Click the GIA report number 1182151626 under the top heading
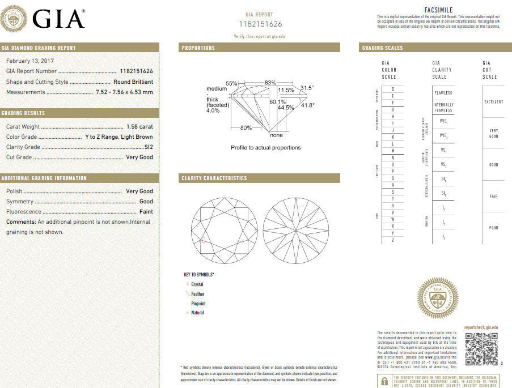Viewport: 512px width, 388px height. pyautogui.click(x=260, y=24)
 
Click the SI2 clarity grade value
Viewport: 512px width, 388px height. pyautogui.click(x=149, y=147)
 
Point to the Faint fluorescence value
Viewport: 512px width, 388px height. pyautogui.click(x=146, y=212)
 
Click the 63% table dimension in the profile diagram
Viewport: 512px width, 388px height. pyautogui.click(x=270, y=83)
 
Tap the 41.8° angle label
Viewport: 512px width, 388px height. pyautogui.click(x=307, y=105)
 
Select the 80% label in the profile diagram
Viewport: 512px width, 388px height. pyautogui.click(x=246, y=127)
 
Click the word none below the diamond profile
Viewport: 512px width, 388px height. pyautogui.click(x=277, y=135)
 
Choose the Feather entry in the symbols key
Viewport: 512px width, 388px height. pyautogui.click(x=198, y=294)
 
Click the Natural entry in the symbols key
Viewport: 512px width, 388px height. pyautogui.click(x=197, y=313)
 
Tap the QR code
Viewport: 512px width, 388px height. pyautogui.click(x=481, y=349)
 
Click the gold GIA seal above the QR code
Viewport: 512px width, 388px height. pyautogui.click(x=437, y=298)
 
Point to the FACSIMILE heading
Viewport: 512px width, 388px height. pyautogui.click(x=438, y=10)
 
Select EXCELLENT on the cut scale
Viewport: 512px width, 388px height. pyautogui.click(x=493, y=102)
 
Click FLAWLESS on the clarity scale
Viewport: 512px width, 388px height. pyautogui.click(x=443, y=93)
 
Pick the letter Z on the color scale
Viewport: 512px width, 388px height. pyautogui.click(x=392, y=241)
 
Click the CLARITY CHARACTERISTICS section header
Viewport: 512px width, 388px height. pyautogui.click(x=214, y=178)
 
